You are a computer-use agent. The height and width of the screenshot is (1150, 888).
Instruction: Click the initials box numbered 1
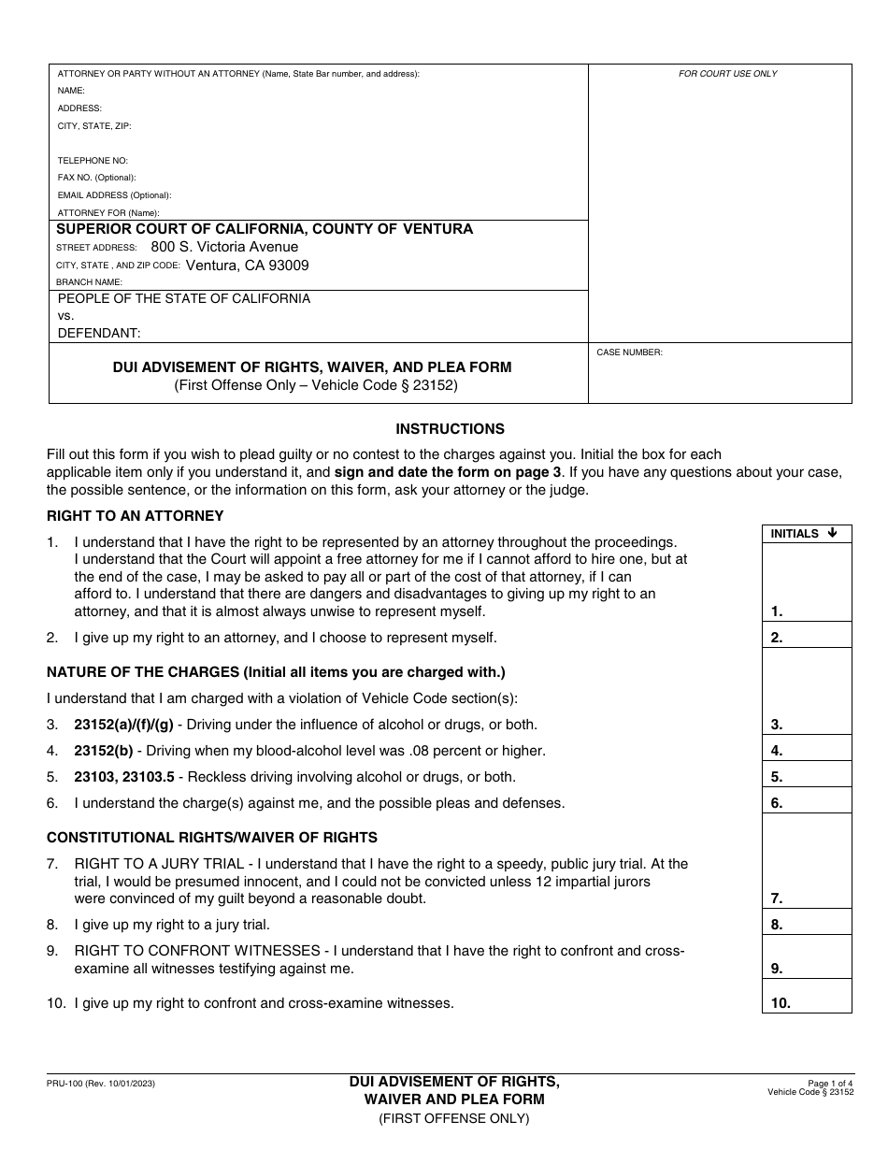pos(807,582)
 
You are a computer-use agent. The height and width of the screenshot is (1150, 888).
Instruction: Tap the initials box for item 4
pos(807,748)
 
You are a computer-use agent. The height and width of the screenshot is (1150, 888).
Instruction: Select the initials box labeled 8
pos(807,922)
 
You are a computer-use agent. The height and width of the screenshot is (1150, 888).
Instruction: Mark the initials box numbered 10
pos(807,997)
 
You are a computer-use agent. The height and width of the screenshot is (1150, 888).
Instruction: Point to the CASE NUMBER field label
pos(629,352)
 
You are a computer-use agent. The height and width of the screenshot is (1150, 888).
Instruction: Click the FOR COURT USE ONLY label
pos(727,74)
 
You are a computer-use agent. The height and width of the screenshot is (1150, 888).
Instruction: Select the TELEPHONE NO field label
pos(93,161)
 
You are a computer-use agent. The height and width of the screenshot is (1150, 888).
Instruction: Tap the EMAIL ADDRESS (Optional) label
pos(114,195)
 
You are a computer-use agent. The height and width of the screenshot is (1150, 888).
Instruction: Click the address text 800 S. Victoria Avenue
pos(224,247)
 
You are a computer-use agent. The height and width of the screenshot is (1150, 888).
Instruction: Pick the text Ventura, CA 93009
pos(247,266)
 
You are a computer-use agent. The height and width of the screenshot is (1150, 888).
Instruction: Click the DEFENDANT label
pos(99,333)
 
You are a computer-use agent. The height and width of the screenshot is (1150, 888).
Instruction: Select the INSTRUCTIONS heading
pos(450,429)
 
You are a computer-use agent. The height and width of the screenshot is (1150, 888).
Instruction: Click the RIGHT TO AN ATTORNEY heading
pos(136,515)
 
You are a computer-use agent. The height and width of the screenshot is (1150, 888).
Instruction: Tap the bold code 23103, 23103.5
pos(126,777)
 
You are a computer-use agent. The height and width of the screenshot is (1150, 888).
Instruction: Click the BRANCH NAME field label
pos(89,281)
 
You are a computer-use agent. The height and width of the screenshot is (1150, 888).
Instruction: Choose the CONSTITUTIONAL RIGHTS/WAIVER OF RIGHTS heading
pos(212,838)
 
